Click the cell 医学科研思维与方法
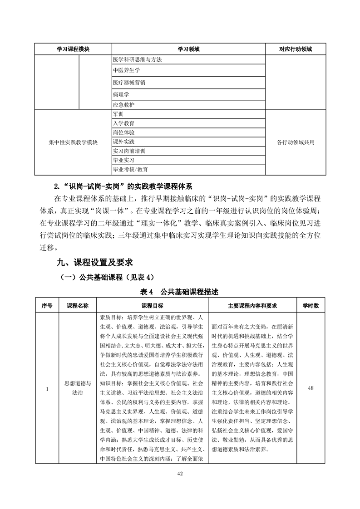[137, 59]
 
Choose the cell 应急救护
[123, 104]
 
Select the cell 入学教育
[123, 123]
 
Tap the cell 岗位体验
[123, 132]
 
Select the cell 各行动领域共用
[296, 142]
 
